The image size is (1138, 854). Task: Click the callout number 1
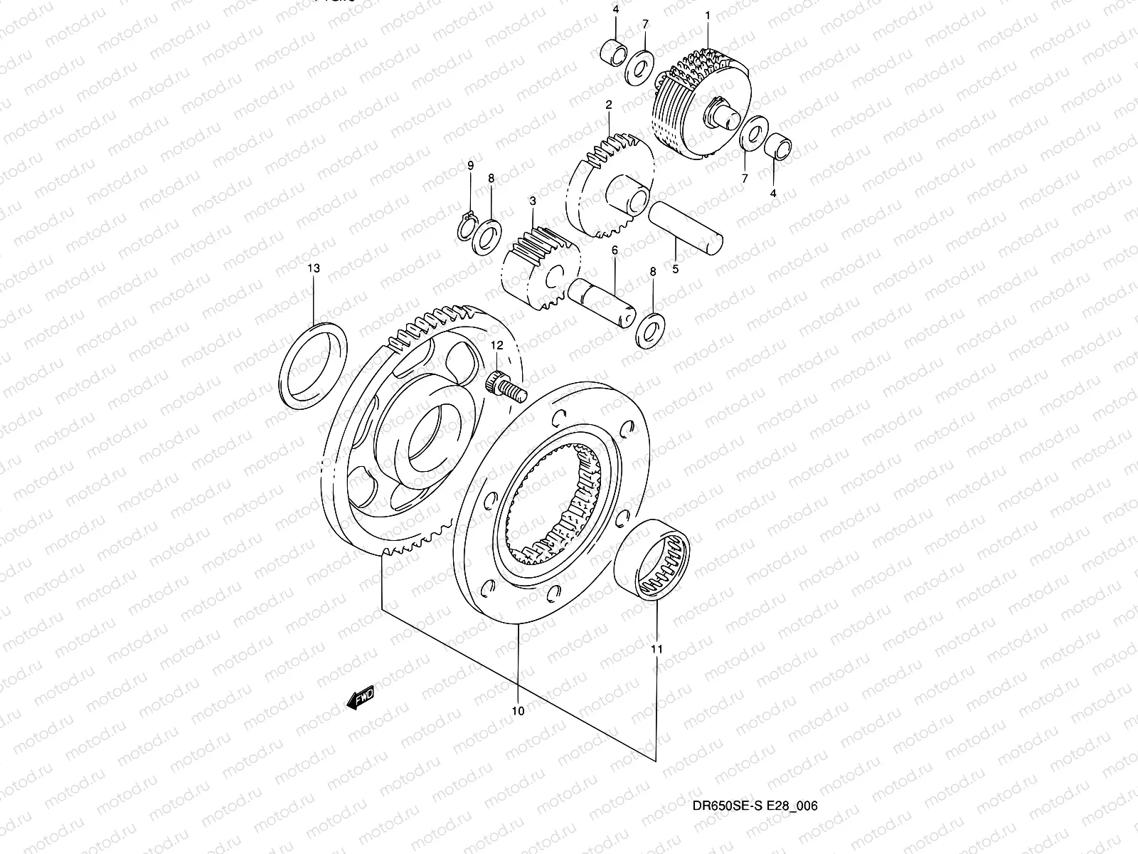pyautogui.click(x=708, y=15)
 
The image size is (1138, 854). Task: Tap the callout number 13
pyautogui.click(x=314, y=268)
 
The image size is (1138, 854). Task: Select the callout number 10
pyautogui.click(x=517, y=711)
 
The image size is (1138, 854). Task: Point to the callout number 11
pyautogui.click(x=656, y=649)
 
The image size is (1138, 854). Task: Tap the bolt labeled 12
pyautogui.click(x=502, y=385)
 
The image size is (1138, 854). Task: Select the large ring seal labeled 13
pyautogui.click(x=314, y=367)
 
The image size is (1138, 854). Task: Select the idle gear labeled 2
pyautogui.click(x=612, y=184)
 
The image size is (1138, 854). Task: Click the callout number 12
pyautogui.click(x=496, y=345)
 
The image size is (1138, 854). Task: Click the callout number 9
pyautogui.click(x=470, y=166)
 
